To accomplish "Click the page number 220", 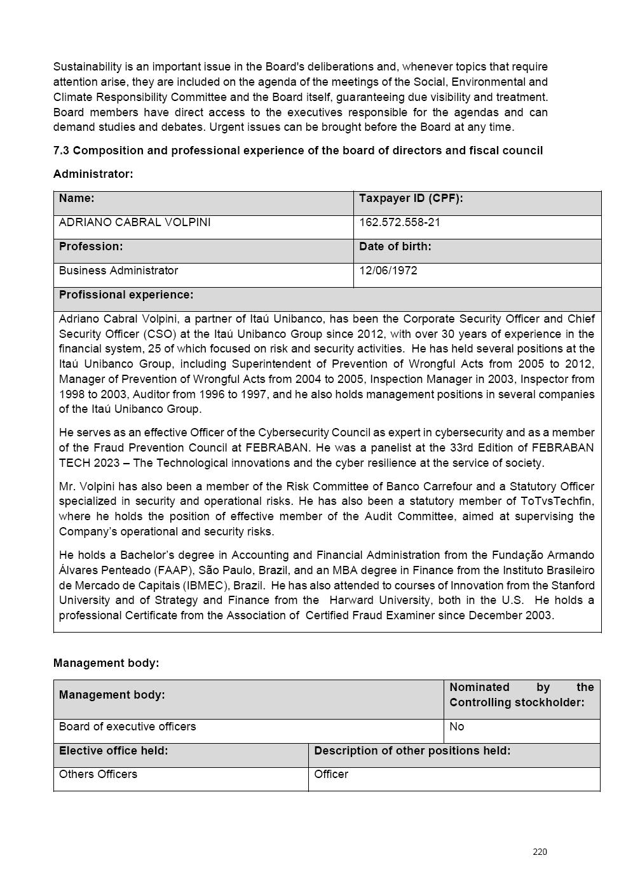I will click(540, 852).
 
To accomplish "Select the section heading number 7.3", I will click(62, 151).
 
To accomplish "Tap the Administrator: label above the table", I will click(93, 174).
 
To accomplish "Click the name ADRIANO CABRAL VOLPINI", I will click(135, 222).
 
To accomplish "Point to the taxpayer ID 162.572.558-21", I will click(399, 222).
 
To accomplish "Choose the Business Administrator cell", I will click(118, 271).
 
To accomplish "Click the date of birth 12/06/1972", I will click(388, 271).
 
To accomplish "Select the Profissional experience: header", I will click(126, 295).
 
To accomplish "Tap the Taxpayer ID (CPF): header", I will click(411, 198).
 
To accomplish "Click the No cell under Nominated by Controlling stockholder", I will click(456, 727).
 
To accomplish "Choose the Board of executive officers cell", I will click(127, 727).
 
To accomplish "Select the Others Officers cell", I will click(98, 774).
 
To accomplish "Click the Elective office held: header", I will click(113, 751).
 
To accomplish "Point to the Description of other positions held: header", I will click(412, 751).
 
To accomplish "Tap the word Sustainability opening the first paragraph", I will click(87, 67).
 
